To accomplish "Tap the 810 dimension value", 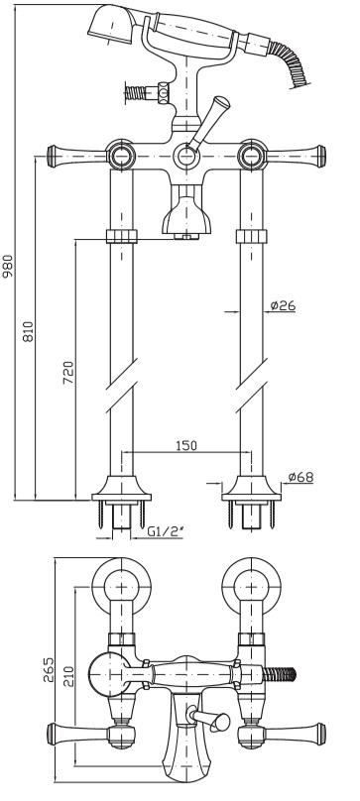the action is click(x=28, y=332).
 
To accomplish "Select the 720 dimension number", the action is click(x=68, y=373).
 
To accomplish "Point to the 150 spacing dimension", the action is click(x=185, y=445).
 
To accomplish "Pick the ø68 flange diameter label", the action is click(x=300, y=477).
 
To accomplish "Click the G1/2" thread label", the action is click(x=166, y=531).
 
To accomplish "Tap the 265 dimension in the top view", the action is click(x=47, y=670).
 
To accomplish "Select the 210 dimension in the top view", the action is click(x=68, y=677).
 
